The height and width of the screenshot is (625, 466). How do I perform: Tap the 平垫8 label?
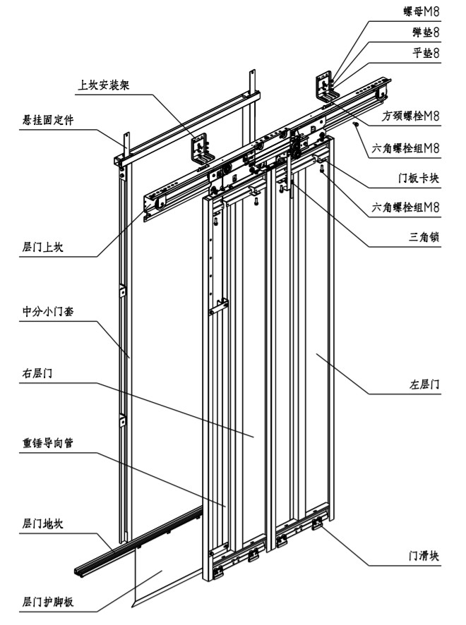pyautogui.click(x=426, y=52)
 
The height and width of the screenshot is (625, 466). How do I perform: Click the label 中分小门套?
pyautogui.click(x=49, y=311)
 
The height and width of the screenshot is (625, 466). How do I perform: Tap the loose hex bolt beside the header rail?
pyautogui.click(x=356, y=124)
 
